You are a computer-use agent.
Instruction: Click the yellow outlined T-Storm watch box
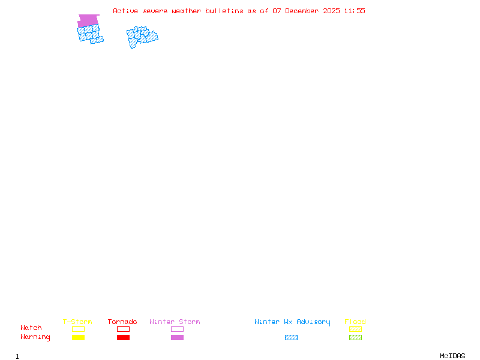78,329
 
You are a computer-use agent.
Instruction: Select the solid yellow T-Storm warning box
78,337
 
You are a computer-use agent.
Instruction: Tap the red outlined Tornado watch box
123,329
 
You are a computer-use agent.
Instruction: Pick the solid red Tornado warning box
123,337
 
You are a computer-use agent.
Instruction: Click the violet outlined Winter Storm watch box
177,329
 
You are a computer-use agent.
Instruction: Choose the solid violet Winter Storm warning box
177,337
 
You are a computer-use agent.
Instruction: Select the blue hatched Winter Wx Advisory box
291,337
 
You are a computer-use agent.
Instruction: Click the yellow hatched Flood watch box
355,329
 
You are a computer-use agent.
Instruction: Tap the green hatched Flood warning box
355,337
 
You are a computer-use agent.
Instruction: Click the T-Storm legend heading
77,322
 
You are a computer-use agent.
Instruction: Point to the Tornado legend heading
122,322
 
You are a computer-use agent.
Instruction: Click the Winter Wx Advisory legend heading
292,322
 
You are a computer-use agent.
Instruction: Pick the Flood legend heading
355,322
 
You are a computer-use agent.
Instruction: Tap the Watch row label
31,328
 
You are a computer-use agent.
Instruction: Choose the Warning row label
35,337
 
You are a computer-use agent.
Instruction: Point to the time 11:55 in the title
354,11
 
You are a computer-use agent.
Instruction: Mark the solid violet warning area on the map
88,20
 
